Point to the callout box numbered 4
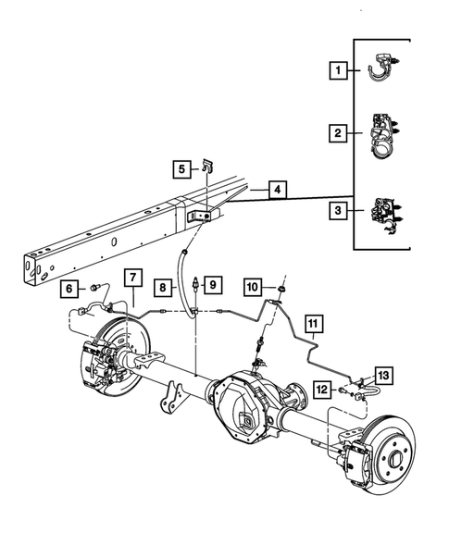pyautogui.click(x=277, y=191)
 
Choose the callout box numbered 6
pyautogui.click(x=69, y=289)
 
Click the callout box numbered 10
pyautogui.click(x=253, y=288)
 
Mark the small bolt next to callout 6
pyautogui.click(x=94, y=289)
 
